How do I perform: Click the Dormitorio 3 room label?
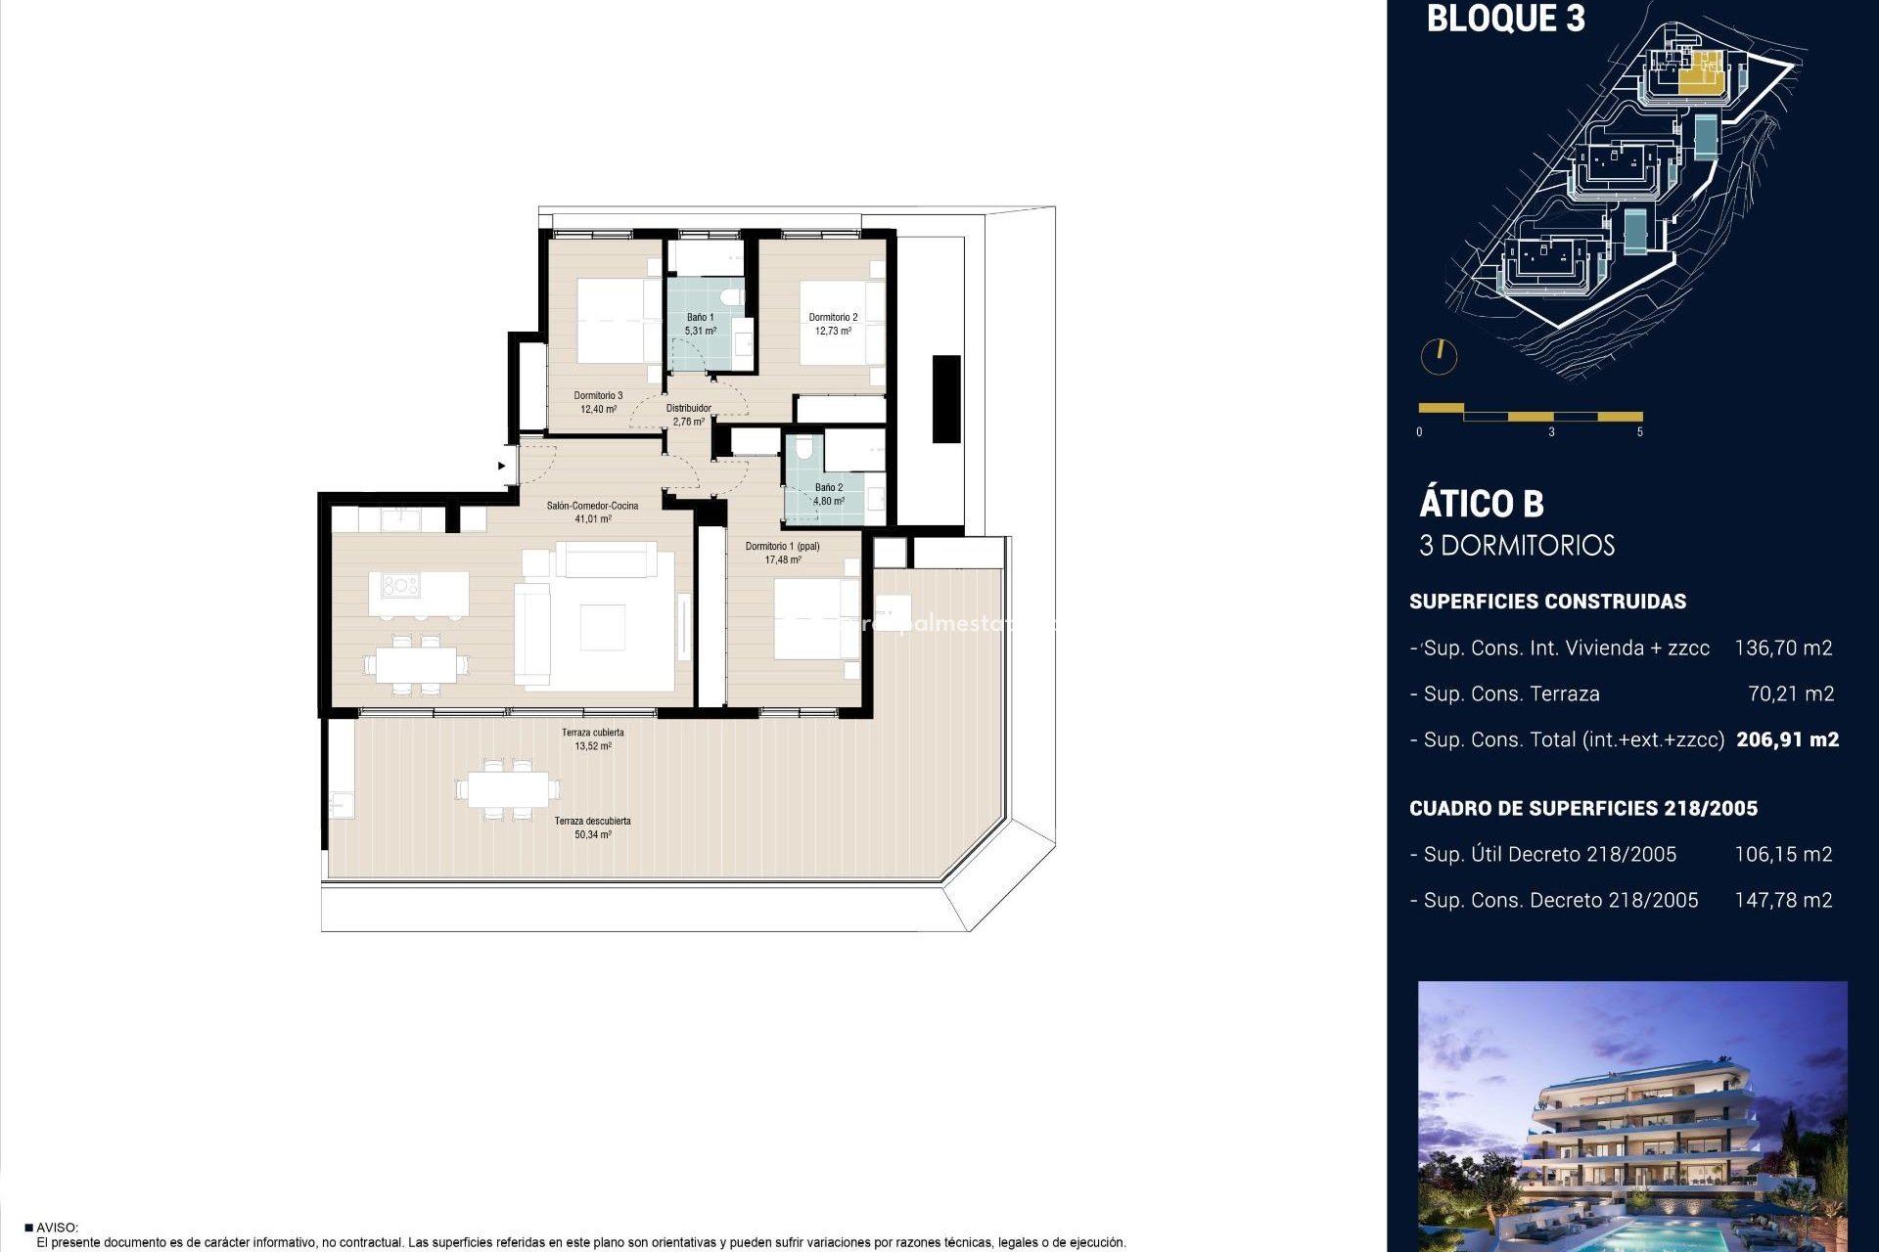598,396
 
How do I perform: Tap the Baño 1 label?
700,318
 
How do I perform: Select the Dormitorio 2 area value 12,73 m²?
833,332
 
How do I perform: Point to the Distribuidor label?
688,409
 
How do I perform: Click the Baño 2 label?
828,487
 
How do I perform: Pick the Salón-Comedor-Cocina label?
592,506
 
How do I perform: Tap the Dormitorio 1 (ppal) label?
782,547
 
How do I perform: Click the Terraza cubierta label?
592,733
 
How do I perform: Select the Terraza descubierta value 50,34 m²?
593,835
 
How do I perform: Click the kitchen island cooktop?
400,586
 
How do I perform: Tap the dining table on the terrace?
508,788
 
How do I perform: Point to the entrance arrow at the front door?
502,466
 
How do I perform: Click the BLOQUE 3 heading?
1505,19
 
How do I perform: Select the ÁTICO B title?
1481,504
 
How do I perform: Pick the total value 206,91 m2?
1787,740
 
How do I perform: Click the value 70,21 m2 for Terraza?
1790,694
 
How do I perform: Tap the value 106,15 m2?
1782,855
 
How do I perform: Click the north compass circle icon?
1439,356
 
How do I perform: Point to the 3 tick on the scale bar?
1551,431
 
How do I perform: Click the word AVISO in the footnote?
57,1228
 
